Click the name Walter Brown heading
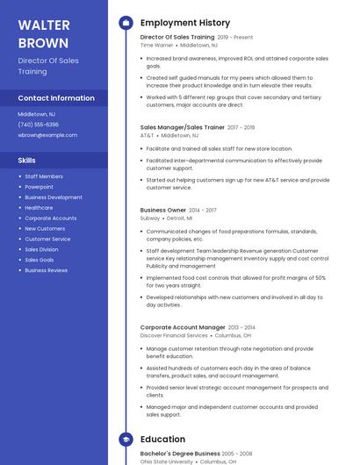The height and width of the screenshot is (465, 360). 44,33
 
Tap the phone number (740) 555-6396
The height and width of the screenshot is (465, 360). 39,125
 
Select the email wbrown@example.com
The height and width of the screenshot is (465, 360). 47,135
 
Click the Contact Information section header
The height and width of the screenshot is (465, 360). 56,98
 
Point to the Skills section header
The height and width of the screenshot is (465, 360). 27,161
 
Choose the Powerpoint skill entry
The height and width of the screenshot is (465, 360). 39,187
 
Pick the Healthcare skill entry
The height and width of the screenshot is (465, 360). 39,208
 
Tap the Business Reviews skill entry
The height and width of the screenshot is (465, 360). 46,270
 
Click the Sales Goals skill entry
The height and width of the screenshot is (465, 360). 39,260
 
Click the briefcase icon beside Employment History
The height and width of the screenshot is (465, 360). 126,22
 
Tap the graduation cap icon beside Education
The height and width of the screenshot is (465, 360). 126,439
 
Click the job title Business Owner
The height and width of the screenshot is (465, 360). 163,211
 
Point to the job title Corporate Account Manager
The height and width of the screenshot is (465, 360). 183,327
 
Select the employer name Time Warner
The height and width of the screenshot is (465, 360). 157,45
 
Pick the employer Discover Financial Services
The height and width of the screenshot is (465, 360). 174,335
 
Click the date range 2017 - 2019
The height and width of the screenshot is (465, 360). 241,128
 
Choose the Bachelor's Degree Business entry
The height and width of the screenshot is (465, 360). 180,454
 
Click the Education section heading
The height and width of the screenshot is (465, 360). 162,439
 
